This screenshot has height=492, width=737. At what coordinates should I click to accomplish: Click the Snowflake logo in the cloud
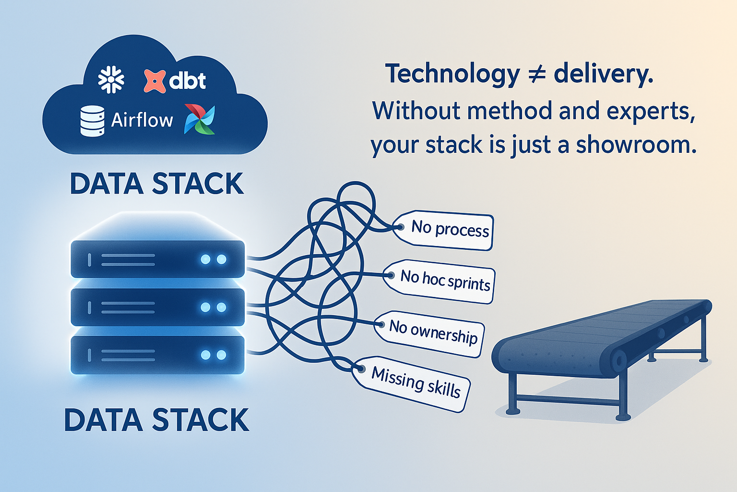(x=111, y=80)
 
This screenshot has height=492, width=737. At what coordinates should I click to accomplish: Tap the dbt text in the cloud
(x=188, y=81)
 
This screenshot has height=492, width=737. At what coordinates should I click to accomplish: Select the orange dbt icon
(x=155, y=81)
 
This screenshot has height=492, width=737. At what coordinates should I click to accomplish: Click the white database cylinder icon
(x=92, y=121)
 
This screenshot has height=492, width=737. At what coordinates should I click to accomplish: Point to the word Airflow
(x=142, y=120)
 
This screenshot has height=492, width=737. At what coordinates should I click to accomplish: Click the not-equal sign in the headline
(x=537, y=75)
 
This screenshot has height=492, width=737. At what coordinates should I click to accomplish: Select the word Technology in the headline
(x=452, y=74)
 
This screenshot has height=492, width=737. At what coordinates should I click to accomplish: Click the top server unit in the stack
(x=157, y=259)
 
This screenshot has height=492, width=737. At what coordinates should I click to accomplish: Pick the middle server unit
(x=157, y=307)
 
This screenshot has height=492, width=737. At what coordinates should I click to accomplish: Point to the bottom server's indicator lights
(x=214, y=355)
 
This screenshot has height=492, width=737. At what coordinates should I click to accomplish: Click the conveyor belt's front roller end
(x=618, y=360)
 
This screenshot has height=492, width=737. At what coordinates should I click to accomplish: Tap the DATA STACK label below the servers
(x=156, y=420)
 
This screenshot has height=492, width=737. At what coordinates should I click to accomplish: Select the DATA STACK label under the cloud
(x=156, y=184)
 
